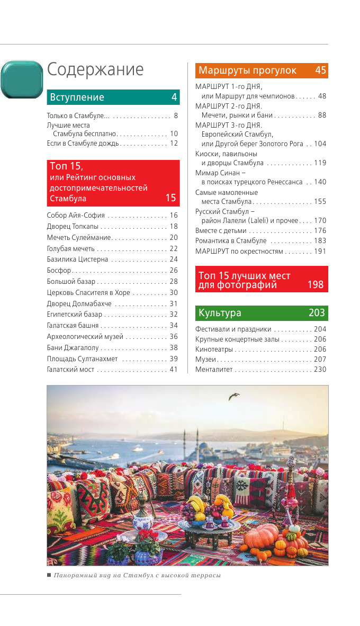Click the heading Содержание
pos(95,70)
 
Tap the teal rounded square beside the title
pos(22,79)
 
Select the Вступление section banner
pos(113,97)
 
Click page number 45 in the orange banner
pos(320,70)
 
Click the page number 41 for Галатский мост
pos(174,370)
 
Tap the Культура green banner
pos(262,313)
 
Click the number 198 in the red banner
pos(316,285)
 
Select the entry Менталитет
pos(214,370)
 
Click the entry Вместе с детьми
pos(221,231)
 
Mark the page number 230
pos(320,370)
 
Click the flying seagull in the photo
pos(233,396)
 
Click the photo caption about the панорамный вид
pos(137,575)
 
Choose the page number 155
pos(320,202)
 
